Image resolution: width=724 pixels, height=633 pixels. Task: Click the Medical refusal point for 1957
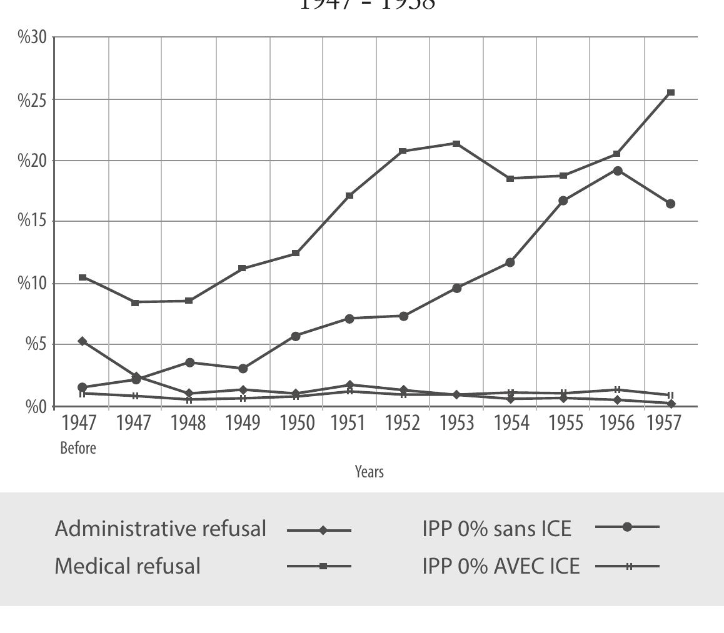[671, 92]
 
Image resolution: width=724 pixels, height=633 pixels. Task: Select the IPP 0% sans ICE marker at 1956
[618, 171]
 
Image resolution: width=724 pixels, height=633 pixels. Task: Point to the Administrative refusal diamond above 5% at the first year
[82, 341]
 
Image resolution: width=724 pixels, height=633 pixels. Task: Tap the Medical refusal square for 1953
[457, 144]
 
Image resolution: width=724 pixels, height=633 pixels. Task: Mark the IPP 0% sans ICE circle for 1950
[296, 336]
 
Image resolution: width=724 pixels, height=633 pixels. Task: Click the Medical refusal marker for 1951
[349, 196]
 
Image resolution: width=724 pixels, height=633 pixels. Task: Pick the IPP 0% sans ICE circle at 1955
[563, 201]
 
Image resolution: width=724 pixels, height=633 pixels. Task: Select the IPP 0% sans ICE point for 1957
[671, 204]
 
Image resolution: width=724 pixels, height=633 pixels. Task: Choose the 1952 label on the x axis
[403, 423]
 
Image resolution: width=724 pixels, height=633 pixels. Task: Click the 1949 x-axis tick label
[243, 423]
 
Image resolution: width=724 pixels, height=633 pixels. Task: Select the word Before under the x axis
[78, 448]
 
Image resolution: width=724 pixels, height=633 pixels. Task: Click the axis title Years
[370, 472]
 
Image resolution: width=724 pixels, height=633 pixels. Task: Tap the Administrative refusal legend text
[161, 529]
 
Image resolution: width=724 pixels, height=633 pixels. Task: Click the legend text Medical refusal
[128, 566]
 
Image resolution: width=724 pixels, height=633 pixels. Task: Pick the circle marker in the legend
[627, 527]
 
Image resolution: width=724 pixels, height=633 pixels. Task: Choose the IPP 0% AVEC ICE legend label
[501, 566]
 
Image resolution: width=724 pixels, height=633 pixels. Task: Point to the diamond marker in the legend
[323, 531]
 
